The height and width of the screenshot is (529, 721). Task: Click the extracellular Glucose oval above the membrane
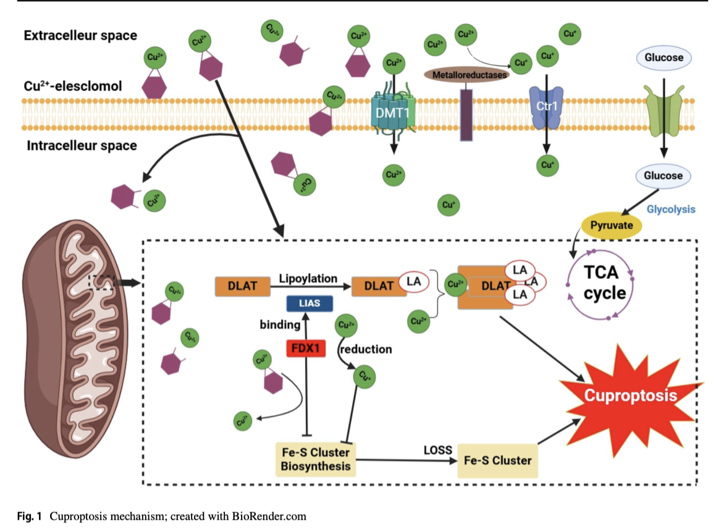point(664,58)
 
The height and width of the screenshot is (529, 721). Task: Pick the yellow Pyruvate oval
point(612,226)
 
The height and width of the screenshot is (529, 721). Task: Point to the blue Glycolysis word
point(671,209)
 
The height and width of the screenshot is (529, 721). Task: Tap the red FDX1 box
point(306,348)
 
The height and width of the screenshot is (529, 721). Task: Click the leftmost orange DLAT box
point(243,286)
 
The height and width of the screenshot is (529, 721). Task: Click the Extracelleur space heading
point(80,35)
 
